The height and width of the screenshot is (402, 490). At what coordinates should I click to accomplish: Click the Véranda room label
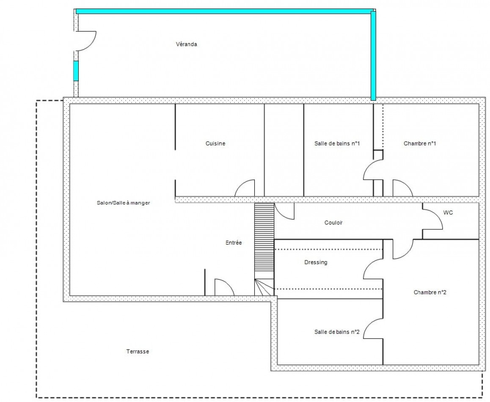click(x=187, y=44)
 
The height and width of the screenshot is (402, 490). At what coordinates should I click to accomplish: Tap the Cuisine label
click(x=215, y=143)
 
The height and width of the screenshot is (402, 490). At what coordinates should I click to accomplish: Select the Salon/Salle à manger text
click(x=124, y=203)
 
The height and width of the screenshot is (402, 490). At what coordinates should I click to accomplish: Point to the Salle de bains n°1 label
click(x=337, y=143)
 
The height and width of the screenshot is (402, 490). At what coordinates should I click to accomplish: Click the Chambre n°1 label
click(x=420, y=143)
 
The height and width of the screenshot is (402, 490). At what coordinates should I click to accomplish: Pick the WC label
click(x=448, y=213)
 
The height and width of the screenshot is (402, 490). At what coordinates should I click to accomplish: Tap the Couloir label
click(x=333, y=223)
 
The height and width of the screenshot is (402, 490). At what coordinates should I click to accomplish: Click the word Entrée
click(x=234, y=243)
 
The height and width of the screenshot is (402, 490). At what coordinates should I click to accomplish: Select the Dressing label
click(x=316, y=262)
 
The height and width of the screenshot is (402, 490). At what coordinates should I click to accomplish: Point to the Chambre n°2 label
click(x=430, y=292)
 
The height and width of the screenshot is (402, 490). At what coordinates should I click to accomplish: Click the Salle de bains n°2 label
click(x=337, y=332)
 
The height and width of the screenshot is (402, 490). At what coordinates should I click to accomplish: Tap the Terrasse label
click(x=138, y=352)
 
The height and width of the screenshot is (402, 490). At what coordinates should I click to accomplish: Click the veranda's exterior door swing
click(x=87, y=41)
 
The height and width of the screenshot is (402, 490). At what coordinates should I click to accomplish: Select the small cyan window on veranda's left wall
click(x=76, y=71)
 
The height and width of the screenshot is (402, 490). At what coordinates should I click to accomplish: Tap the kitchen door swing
click(x=245, y=188)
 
